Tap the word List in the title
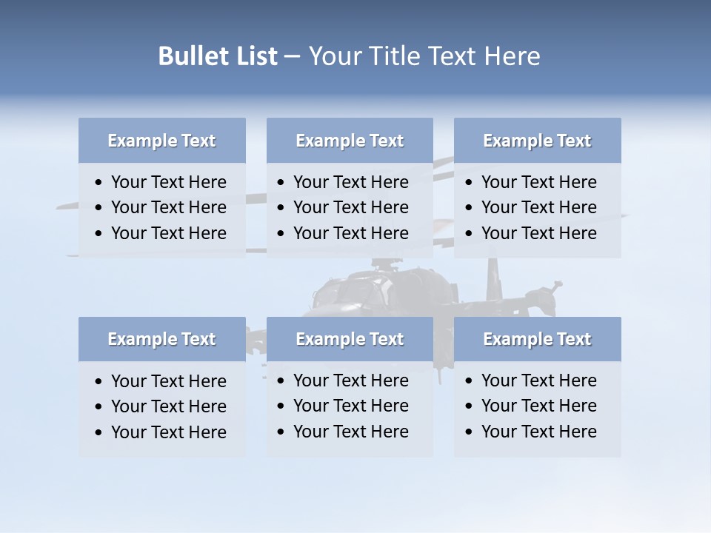point(253,56)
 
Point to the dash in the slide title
point(293,56)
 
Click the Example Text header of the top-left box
point(161,141)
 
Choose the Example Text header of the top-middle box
point(350,141)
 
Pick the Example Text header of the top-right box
point(537,141)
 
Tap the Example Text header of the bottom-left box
point(161,339)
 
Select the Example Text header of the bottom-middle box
point(350,339)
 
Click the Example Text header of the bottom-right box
point(537,339)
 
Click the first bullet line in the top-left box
point(168,182)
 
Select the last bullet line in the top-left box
point(168,233)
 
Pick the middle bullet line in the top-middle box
point(350,207)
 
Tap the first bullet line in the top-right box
point(538,182)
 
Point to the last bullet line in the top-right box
point(538,233)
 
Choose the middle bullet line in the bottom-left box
point(168,406)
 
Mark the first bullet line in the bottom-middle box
point(350,381)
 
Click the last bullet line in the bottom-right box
point(538,432)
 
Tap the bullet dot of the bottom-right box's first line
point(470,381)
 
